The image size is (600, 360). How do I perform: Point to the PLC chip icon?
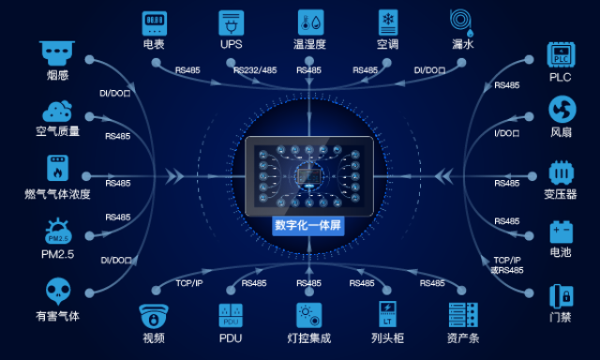click(561, 54)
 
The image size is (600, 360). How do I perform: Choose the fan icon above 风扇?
click(561, 110)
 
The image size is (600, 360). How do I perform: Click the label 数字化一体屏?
click(307, 225)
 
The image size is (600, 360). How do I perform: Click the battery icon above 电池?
click(561, 231)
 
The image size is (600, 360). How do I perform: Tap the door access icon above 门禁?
click(561, 294)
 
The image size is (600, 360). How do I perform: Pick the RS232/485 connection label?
click(254, 70)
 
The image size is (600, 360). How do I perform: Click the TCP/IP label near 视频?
click(189, 283)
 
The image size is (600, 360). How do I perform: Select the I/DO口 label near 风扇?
click(507, 134)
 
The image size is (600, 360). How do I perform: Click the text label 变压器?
click(561, 195)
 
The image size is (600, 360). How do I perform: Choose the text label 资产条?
click(462, 338)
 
